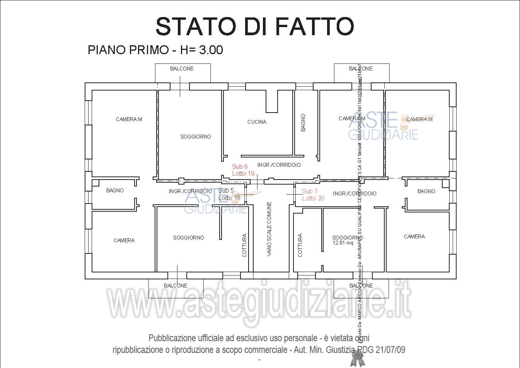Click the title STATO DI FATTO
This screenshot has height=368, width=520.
tap(255, 26)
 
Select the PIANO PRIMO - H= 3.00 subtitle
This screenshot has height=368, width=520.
tap(155, 50)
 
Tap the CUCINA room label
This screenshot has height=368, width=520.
tap(257, 122)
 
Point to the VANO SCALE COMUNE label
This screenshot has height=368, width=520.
tap(269, 229)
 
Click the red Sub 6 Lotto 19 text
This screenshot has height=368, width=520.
tap(243, 170)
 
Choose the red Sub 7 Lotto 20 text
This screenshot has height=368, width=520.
tap(313, 195)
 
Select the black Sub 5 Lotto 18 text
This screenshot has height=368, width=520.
tap(229, 194)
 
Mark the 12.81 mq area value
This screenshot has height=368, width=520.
tap(343, 243)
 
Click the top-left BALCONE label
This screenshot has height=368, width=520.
tap(182, 68)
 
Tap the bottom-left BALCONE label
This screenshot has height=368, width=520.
tap(176, 286)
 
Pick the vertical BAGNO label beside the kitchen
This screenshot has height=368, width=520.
tap(303, 122)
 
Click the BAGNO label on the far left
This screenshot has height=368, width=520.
tap(115, 190)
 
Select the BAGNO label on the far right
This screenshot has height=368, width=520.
tap(426, 191)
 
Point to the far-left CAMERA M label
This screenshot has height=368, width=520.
tap(129, 119)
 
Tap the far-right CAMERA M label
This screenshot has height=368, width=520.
tap(419, 119)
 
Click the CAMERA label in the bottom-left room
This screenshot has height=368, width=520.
tap(124, 240)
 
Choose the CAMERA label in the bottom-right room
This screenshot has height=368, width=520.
tap(414, 236)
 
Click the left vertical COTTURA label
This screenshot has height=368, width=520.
tap(244, 245)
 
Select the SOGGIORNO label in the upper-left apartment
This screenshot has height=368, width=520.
tap(196, 137)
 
